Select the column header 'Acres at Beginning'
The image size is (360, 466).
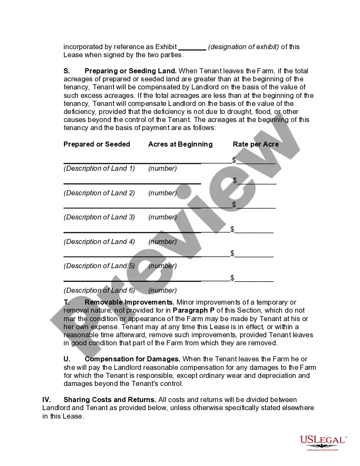180,144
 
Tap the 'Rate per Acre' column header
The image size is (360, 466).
256,144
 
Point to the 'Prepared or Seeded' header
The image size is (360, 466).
97,144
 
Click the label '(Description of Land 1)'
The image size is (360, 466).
99,168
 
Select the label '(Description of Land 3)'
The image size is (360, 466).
99,217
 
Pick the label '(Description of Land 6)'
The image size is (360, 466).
99,290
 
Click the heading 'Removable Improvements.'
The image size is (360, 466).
129,302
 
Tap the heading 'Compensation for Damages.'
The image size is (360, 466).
132,359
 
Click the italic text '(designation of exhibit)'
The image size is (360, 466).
244,47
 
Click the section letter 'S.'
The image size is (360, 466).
67,71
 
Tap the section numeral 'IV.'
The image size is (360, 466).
47,399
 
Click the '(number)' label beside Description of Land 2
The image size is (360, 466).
163,193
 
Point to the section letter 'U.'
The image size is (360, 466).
67,359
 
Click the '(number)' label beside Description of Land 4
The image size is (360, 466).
163,241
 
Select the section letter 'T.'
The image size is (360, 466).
66,302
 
